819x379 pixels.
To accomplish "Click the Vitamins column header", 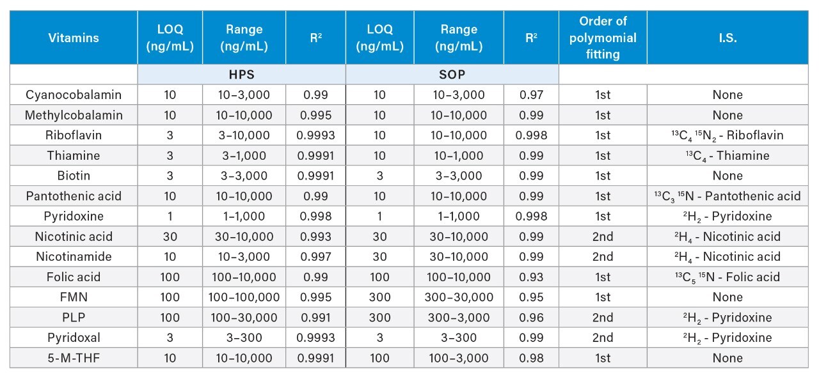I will click(x=74, y=38).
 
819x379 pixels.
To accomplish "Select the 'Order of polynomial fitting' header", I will click(x=602, y=38).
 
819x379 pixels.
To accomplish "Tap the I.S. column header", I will click(x=728, y=38).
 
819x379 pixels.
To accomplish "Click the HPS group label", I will click(x=242, y=74).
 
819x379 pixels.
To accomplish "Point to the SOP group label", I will click(x=452, y=74).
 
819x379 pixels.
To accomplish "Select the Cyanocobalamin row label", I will click(x=74, y=95).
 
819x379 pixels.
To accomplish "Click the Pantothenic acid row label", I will click(x=74, y=196).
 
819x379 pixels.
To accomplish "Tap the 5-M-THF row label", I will click(x=74, y=358).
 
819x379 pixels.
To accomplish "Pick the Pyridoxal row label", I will click(x=74, y=337).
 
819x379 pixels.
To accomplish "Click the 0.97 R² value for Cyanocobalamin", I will click(x=530, y=95).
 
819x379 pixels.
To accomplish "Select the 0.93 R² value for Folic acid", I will click(x=530, y=277).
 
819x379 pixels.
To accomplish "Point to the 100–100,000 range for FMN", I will click(x=244, y=297).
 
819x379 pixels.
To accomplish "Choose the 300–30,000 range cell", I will click(x=459, y=297).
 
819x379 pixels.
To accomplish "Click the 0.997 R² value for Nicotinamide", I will click(x=315, y=256).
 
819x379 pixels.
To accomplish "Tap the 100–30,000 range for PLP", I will click(x=244, y=317).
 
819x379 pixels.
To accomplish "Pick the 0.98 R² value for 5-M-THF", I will click(x=530, y=358).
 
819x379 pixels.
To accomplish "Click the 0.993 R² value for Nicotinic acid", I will click(x=315, y=236).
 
